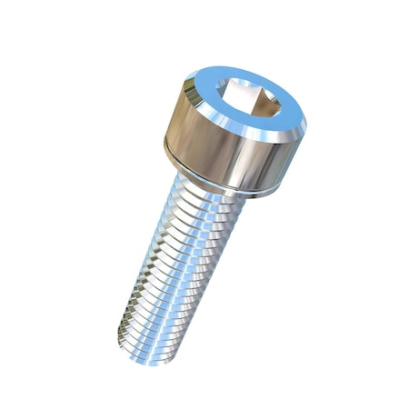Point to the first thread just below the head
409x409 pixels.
coord(209,193)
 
